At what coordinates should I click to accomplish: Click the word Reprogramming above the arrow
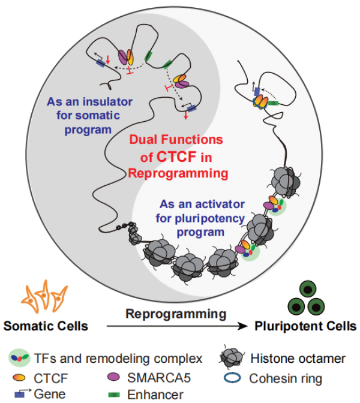176,314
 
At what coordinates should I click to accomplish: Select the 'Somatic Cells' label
46,327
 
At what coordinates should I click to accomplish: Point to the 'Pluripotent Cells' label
305,327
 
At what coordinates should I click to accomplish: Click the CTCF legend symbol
19,377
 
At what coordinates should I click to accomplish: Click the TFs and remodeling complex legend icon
19,359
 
